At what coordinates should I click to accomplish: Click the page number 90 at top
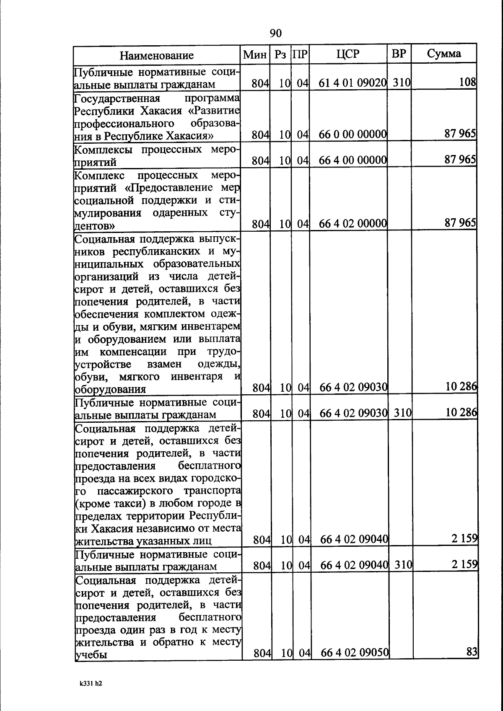(275, 34)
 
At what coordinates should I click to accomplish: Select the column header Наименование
(157, 55)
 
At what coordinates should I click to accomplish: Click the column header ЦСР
(347, 54)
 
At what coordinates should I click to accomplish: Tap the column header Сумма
(444, 54)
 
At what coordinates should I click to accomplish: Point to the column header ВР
(399, 54)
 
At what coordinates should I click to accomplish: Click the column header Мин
(255, 54)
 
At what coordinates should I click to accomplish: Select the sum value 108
(467, 82)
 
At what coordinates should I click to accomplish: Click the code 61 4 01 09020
(352, 83)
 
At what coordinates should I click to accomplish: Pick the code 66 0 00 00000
(352, 134)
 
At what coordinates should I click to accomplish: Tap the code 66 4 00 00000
(352, 160)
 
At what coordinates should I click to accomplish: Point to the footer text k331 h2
(91, 683)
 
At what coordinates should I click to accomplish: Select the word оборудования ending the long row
(110, 389)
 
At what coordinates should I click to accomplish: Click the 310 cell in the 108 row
(401, 83)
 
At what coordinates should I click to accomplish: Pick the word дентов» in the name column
(95, 226)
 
